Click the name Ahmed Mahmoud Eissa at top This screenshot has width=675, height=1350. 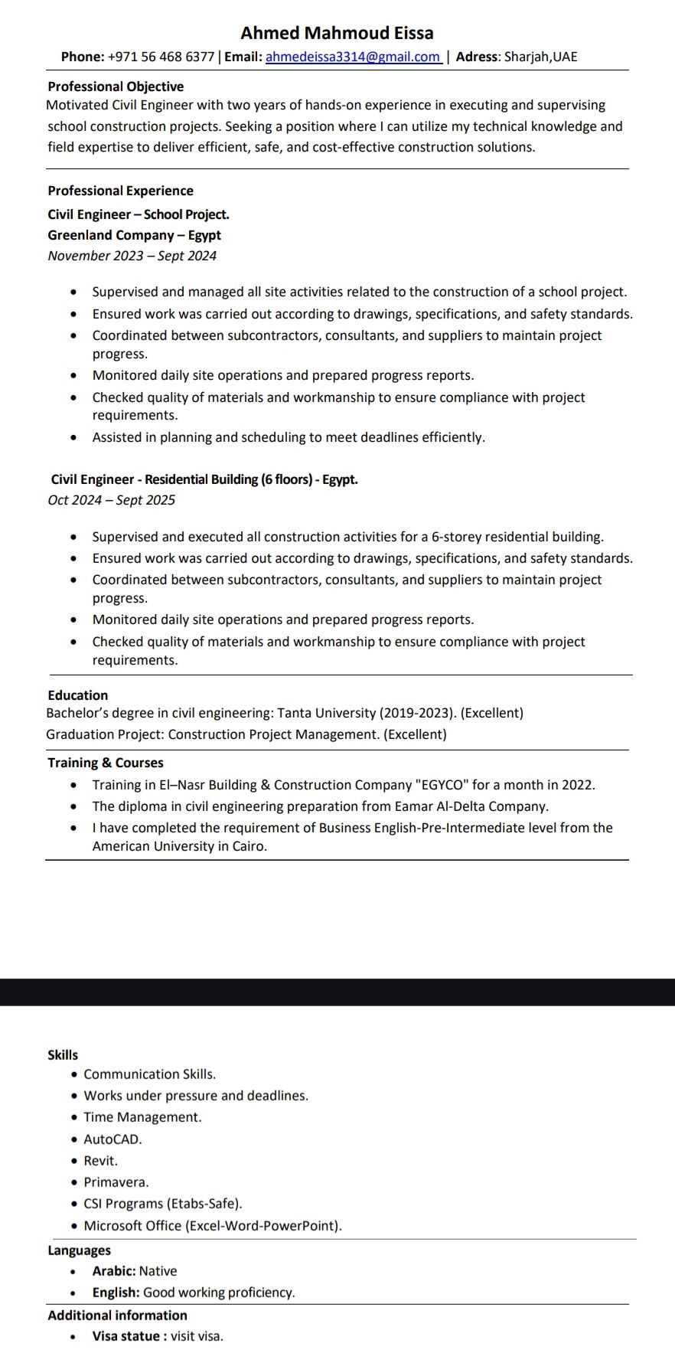tap(337, 33)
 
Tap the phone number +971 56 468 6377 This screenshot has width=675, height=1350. tap(161, 57)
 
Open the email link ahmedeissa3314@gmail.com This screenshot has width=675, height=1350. tap(353, 57)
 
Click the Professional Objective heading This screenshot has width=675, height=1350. tap(116, 87)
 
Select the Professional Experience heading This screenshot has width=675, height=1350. tap(120, 191)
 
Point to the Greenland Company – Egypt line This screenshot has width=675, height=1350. tap(134, 235)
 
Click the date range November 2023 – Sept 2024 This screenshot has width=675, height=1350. tap(132, 256)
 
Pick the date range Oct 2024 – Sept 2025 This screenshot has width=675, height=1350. tap(111, 500)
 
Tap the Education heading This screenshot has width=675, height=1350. tap(78, 695)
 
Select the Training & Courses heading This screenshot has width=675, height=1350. tap(106, 763)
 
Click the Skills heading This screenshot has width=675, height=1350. tap(63, 1055)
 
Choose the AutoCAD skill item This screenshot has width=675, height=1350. tap(112, 1139)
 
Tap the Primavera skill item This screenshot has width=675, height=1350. tap(116, 1182)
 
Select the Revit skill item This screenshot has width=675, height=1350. tap(100, 1161)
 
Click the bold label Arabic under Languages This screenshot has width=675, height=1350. tap(114, 1271)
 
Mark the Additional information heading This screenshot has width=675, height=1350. tap(117, 1316)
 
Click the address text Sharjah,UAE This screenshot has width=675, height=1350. tap(540, 57)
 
